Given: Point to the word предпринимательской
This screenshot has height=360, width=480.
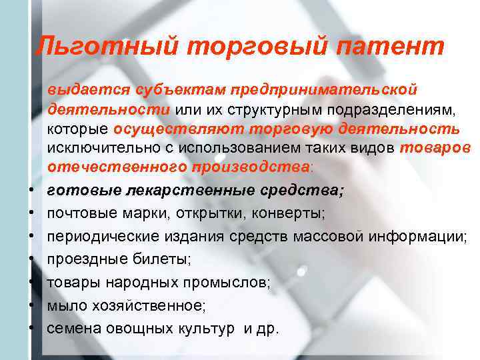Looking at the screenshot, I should pyautogui.click(x=324, y=88).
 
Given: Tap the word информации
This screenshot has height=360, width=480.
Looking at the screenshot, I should pyautogui.click(x=413, y=237).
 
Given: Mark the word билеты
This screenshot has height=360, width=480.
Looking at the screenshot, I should pyautogui.click(x=146, y=260).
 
